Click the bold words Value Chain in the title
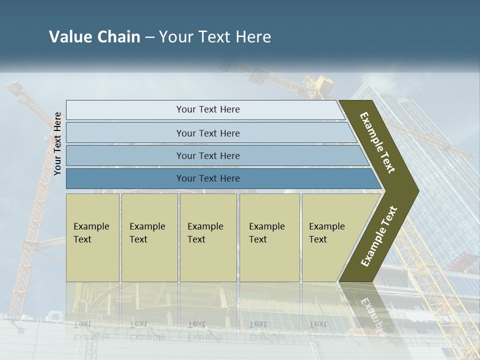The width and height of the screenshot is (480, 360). click(x=94, y=37)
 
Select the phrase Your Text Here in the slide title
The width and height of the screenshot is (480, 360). click(x=215, y=37)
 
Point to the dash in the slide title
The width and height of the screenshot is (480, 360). click(x=149, y=37)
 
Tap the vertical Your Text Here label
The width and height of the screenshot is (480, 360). click(x=57, y=143)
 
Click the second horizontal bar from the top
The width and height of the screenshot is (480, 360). click(x=208, y=133)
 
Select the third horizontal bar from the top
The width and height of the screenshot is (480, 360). click(x=208, y=155)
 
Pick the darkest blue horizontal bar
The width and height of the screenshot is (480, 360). click(x=208, y=178)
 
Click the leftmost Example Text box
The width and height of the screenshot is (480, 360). click(x=92, y=237)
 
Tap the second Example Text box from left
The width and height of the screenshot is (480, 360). click(x=149, y=237)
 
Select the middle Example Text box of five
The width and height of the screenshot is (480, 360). click(x=208, y=237)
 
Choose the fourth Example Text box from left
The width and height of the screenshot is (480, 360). click(x=269, y=237)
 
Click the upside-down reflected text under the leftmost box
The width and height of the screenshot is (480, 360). click(x=91, y=330)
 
